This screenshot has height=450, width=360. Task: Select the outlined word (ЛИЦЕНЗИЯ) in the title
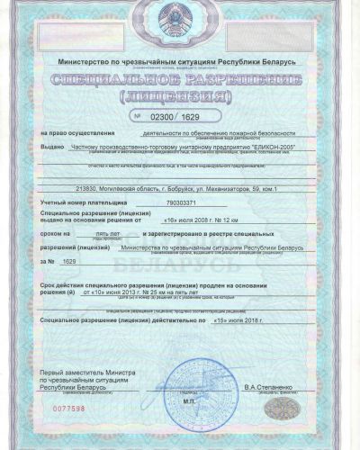(180, 97)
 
